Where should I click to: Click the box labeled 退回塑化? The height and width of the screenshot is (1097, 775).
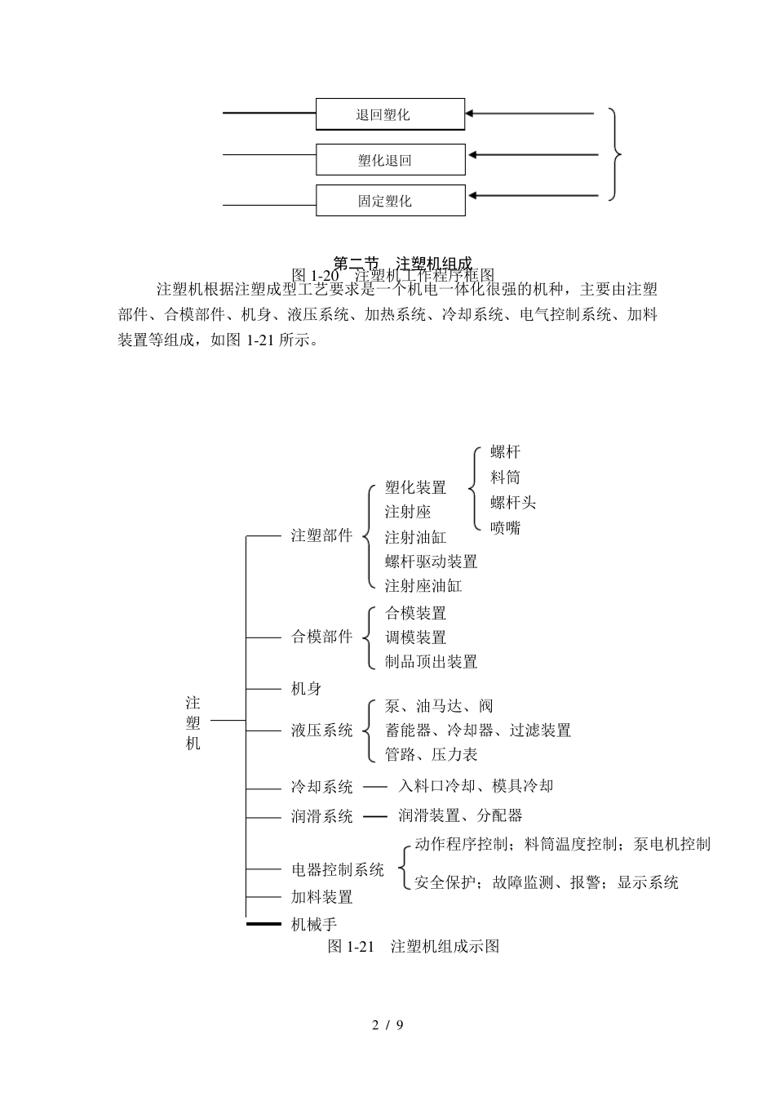pos(390,114)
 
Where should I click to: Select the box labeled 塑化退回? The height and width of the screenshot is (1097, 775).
pos(390,160)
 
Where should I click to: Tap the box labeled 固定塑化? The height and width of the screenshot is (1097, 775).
pos(390,201)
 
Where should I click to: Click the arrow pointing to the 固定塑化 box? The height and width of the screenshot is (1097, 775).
pos(530,195)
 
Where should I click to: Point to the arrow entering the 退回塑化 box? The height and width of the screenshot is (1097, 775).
pos(530,113)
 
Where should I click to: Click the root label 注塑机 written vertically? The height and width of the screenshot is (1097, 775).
pos(193,723)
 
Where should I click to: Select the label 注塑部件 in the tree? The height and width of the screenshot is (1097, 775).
pos(322,536)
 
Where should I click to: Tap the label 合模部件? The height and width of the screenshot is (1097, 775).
pos(322,637)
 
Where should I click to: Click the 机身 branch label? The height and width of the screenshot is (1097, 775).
pos(307,689)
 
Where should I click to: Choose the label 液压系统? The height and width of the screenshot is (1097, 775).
pos(322,730)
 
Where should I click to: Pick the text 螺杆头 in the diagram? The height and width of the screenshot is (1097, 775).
pos(513,503)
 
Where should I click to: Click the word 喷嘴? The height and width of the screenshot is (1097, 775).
pos(505,528)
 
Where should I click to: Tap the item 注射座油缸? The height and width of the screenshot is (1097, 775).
pos(423,586)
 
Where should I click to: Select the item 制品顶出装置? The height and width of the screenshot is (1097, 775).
pos(431,662)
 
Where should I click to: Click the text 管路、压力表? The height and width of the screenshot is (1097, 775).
pos(431,754)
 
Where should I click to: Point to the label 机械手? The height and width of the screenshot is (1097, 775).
pos(314,924)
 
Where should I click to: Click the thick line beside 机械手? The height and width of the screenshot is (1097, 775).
pos(263,924)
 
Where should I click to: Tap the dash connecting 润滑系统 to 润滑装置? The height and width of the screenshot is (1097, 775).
pos(375,816)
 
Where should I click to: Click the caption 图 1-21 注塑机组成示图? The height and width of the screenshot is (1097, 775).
pos(413,946)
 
